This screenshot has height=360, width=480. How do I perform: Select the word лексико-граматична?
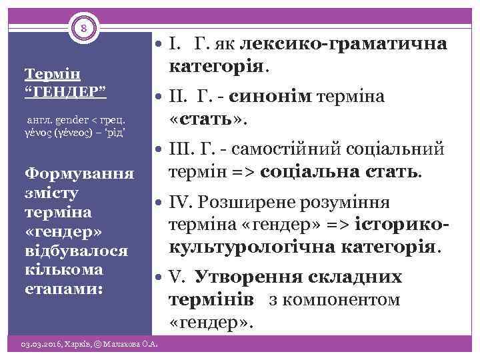(343, 45)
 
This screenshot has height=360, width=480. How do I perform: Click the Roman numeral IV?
(181, 202)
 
